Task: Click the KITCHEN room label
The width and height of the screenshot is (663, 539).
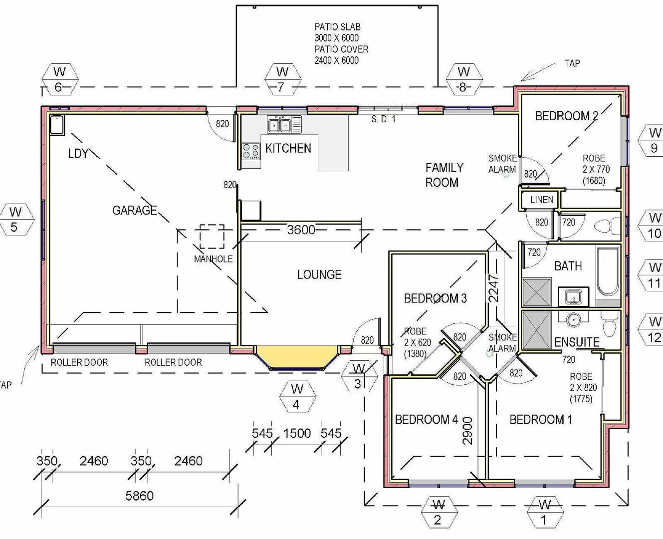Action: click(x=288, y=148)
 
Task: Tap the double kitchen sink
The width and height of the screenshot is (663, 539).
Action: click(x=279, y=125)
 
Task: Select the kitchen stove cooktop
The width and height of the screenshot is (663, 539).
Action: click(x=251, y=151)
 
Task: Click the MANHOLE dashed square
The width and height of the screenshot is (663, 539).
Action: click(x=212, y=237)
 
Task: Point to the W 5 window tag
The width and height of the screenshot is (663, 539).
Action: click(x=15, y=220)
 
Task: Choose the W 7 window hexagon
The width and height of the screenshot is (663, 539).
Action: click(x=282, y=79)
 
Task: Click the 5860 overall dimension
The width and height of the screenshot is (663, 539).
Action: click(x=139, y=496)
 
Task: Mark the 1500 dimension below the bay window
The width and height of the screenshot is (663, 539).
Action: click(x=297, y=433)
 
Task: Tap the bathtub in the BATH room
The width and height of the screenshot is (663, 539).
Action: click(x=608, y=271)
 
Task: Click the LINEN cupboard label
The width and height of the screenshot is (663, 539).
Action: click(x=542, y=200)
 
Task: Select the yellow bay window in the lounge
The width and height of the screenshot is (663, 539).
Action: click(x=296, y=356)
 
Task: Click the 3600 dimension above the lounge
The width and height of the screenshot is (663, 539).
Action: click(x=301, y=230)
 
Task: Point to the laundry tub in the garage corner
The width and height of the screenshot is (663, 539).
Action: click(x=56, y=125)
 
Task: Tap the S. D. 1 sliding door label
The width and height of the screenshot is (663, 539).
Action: click(x=383, y=120)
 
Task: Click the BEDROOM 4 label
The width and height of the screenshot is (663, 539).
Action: click(x=426, y=420)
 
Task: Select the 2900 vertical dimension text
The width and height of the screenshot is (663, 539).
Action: click(x=467, y=431)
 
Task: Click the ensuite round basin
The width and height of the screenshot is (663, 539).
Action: click(x=574, y=319)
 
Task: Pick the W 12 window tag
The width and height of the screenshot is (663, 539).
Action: click(x=654, y=329)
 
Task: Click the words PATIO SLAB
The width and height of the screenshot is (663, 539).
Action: click(x=337, y=27)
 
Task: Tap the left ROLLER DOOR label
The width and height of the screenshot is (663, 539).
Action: click(x=79, y=362)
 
